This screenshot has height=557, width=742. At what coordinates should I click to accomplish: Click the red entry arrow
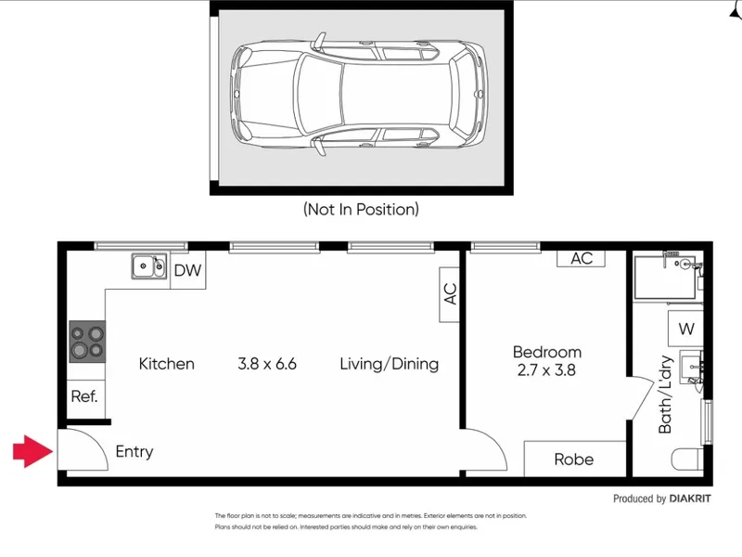click(x=33, y=451)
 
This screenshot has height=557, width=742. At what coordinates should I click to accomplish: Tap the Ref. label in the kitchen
click(x=84, y=396)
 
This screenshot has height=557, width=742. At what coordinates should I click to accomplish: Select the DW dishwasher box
click(x=188, y=270)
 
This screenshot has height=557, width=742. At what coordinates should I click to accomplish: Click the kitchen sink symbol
click(x=149, y=266)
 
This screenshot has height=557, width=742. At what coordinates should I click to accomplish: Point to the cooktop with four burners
click(x=87, y=342)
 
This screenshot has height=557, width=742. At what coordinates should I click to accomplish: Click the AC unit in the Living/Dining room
click(x=450, y=294)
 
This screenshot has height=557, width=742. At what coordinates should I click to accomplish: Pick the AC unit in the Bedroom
click(x=582, y=259)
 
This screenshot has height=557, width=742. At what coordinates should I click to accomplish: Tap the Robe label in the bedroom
click(x=573, y=460)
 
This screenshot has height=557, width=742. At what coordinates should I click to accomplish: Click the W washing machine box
click(x=685, y=329)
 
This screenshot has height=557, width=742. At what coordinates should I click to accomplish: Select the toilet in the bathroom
click(x=687, y=459)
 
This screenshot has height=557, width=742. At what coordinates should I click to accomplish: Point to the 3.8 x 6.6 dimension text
click(x=267, y=364)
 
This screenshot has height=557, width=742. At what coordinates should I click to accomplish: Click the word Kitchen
click(x=167, y=364)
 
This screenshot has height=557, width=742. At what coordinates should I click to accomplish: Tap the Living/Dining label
click(x=389, y=364)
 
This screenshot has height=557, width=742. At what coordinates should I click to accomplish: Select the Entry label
click(x=134, y=451)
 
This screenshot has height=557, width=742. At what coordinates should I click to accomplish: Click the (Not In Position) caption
click(x=361, y=209)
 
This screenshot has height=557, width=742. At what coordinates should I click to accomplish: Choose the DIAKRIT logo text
click(x=690, y=499)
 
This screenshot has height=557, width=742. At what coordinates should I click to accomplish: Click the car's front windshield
click(x=319, y=94)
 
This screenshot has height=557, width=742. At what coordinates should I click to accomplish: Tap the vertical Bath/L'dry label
click(x=665, y=395)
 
